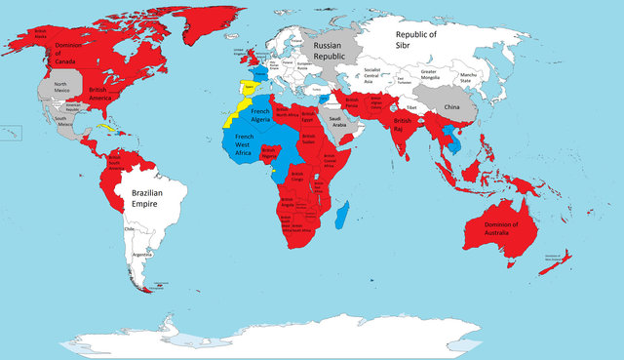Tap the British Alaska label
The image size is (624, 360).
click(40, 33)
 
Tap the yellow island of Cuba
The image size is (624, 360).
click(105, 128)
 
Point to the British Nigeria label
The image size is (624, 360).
click(269, 150)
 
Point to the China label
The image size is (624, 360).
click(451, 106)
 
